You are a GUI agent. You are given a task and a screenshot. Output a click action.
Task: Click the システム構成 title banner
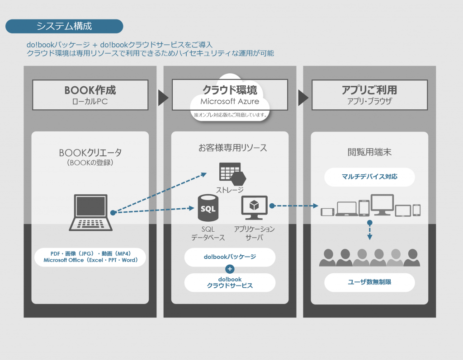64,26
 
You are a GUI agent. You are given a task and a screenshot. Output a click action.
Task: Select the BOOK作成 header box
90,95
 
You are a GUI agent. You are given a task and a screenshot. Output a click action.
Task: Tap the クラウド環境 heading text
230,90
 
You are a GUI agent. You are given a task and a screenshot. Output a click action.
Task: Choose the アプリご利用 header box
369,95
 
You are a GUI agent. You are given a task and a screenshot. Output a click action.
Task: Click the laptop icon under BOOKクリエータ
90,212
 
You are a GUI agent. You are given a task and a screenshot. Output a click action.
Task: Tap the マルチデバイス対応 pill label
369,177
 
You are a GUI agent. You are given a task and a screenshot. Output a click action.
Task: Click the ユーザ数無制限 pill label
369,282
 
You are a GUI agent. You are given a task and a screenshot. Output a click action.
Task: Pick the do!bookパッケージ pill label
230,257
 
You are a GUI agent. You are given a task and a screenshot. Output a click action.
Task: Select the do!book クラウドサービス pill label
230,282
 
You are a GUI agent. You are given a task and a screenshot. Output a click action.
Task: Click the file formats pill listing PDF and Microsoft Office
90,257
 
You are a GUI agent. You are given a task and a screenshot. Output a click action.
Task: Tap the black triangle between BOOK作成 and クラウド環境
163,97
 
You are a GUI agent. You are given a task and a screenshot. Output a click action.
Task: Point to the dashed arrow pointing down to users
369,231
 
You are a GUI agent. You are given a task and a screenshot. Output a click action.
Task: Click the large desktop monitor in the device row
382,204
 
